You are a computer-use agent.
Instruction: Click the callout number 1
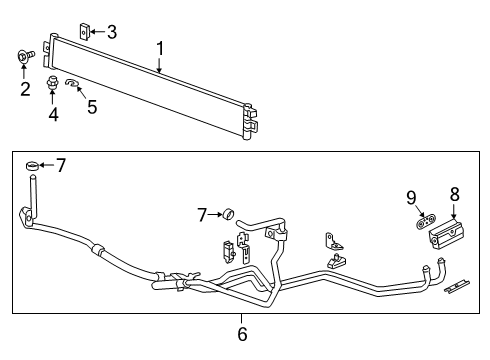(160, 47)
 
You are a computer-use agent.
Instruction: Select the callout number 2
(25, 90)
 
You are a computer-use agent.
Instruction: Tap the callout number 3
(112, 31)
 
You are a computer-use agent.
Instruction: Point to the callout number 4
(53, 115)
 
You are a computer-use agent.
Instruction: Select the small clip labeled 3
(85, 31)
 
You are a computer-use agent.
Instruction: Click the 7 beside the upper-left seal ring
(61, 165)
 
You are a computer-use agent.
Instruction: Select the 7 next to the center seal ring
(202, 214)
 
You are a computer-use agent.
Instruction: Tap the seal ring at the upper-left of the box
(33, 165)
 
